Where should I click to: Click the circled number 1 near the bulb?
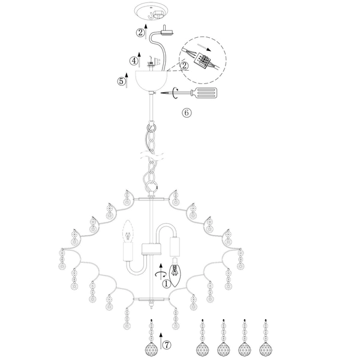coord(166,284)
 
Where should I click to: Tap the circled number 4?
coord(134,61)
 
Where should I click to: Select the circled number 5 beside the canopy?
coord(122,81)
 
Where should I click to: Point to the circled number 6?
coord(187,113)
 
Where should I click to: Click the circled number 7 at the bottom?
coord(167,344)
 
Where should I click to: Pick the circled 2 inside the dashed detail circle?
coord(184,66)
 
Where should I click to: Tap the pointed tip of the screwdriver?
coord(161,93)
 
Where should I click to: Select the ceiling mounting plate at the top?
coord(152,13)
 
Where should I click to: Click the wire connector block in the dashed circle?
coord(202,60)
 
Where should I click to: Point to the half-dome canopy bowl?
coord(151,81)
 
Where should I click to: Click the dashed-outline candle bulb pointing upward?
coord(128,231)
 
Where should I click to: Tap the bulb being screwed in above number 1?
coord(175,272)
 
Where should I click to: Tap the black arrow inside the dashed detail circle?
coord(204,48)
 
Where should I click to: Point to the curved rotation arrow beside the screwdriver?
coord(175,93)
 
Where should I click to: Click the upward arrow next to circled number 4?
coord(139,59)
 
